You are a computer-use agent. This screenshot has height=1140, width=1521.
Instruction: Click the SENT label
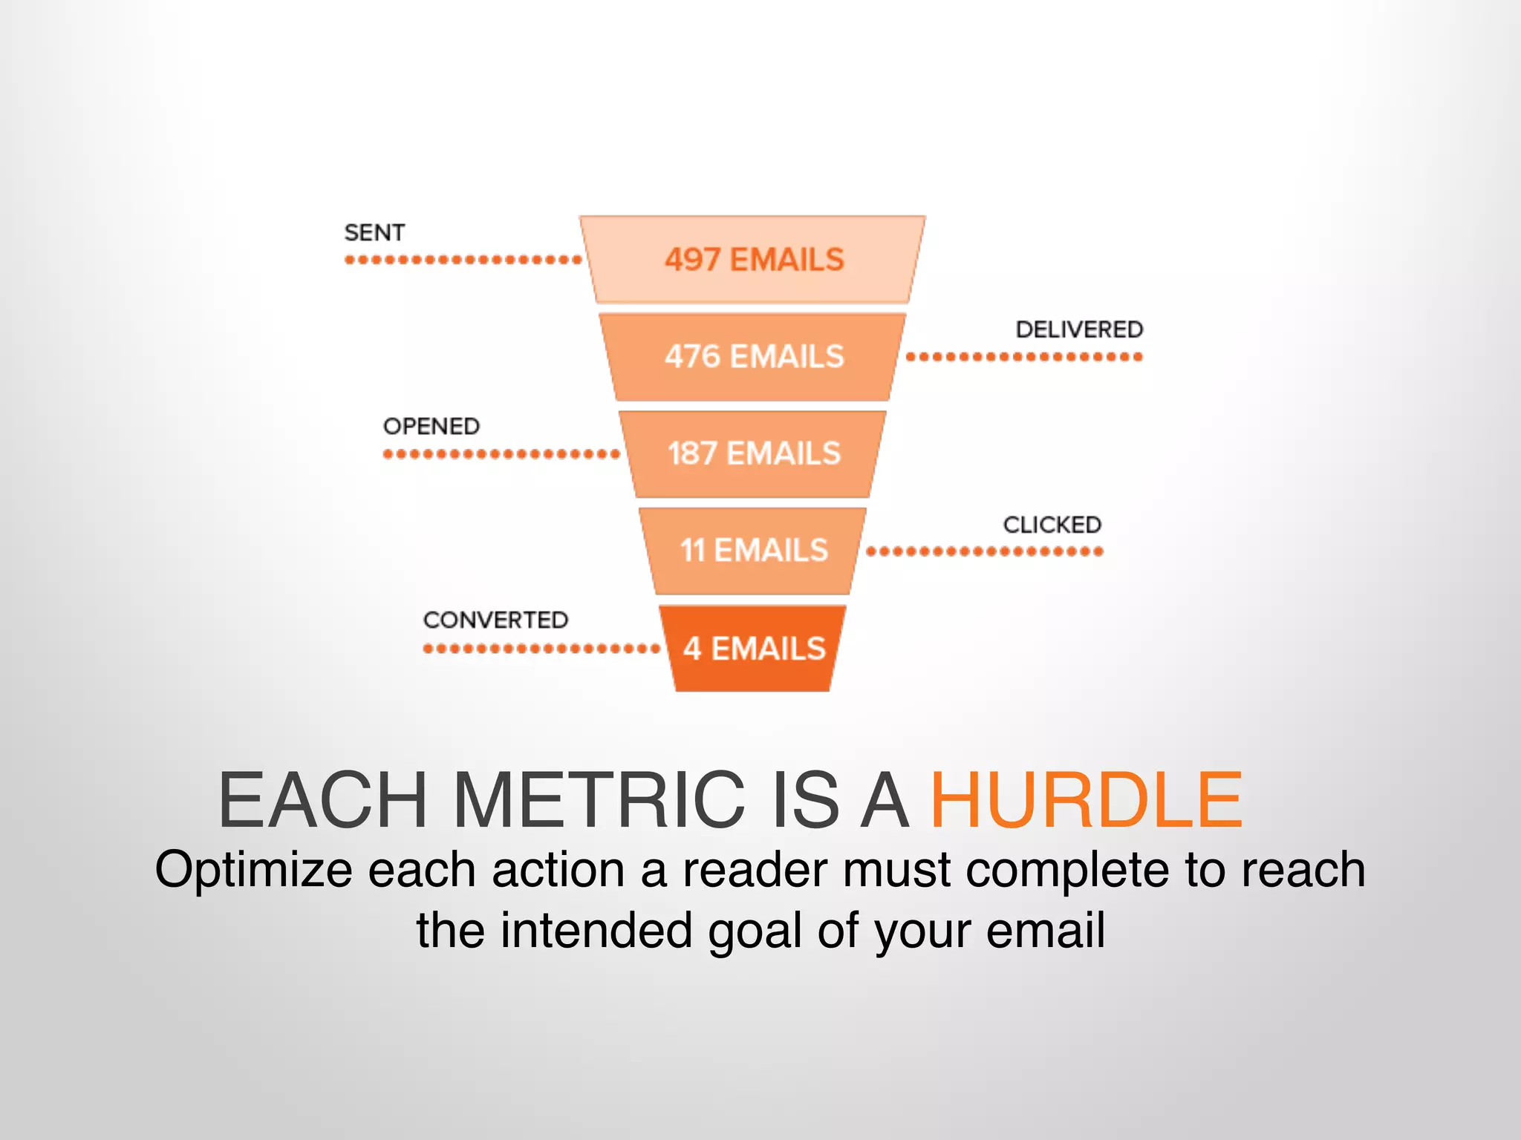point(374,233)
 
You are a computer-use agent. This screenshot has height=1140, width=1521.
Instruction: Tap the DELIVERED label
point(1079,330)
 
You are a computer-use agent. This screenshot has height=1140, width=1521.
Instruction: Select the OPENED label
point(431,427)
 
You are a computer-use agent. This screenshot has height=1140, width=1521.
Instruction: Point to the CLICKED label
point(1052,525)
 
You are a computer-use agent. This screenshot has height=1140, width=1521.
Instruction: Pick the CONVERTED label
point(495,620)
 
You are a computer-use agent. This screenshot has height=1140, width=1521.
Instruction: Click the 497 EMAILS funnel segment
point(753,260)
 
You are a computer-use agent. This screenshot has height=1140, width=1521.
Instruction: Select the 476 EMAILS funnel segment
point(753,357)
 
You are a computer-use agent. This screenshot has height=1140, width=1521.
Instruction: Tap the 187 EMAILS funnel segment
point(753,453)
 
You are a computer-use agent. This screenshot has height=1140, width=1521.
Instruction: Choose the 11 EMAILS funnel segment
point(753,551)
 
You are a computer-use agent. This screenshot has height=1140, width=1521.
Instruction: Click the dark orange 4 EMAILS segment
point(753,649)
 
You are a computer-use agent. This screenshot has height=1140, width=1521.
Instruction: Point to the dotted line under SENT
point(463,260)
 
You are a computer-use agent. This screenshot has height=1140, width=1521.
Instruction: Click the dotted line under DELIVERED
point(1024,357)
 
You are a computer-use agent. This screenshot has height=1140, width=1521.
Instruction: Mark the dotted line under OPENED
point(501,454)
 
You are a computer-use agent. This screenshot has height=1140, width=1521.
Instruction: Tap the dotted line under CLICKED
point(985,551)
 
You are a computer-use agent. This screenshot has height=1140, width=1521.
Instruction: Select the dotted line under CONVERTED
point(541,649)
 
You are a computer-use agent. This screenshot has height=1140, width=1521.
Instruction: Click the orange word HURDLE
point(1087,800)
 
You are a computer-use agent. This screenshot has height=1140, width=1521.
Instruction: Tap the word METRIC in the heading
point(598,800)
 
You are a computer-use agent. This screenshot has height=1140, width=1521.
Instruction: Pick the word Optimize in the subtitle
point(253,870)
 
